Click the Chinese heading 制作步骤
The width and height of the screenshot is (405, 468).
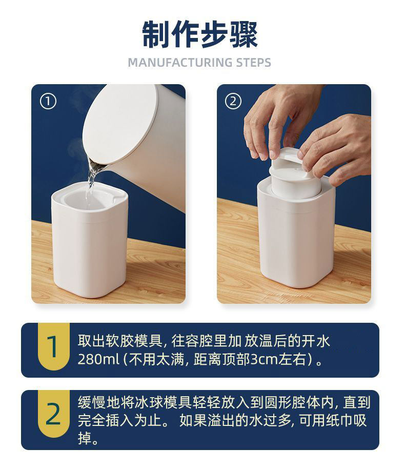tap(200, 34)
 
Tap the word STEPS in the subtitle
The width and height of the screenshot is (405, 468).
tap(253, 63)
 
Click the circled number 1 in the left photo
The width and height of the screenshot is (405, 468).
tap(48, 102)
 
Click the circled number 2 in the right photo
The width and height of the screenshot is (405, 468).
tap(233, 102)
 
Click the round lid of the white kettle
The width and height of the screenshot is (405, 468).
tap(120, 122)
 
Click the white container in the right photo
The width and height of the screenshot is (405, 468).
tap(296, 233)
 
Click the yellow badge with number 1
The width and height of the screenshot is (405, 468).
tap(54, 346)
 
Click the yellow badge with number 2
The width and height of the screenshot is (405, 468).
tap(54, 414)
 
